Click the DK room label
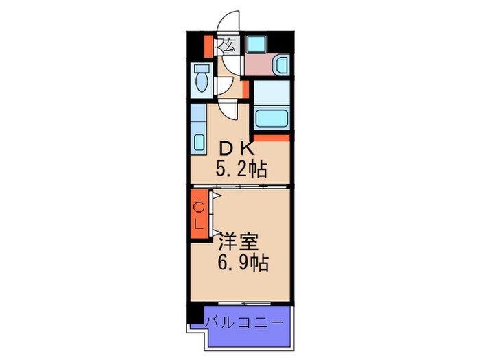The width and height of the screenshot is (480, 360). point(237,147)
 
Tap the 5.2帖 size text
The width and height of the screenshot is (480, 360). point(242,168)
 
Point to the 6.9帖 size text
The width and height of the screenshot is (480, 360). point(243,263)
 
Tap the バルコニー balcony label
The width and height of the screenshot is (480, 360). point(244,321)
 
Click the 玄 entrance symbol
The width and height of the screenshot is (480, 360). point(228,47)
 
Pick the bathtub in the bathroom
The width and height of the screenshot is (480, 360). point(272,117)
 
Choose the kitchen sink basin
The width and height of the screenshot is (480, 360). point(199,143)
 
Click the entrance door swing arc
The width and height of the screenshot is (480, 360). point(228,22)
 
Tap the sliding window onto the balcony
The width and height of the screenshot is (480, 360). point(245,303)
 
